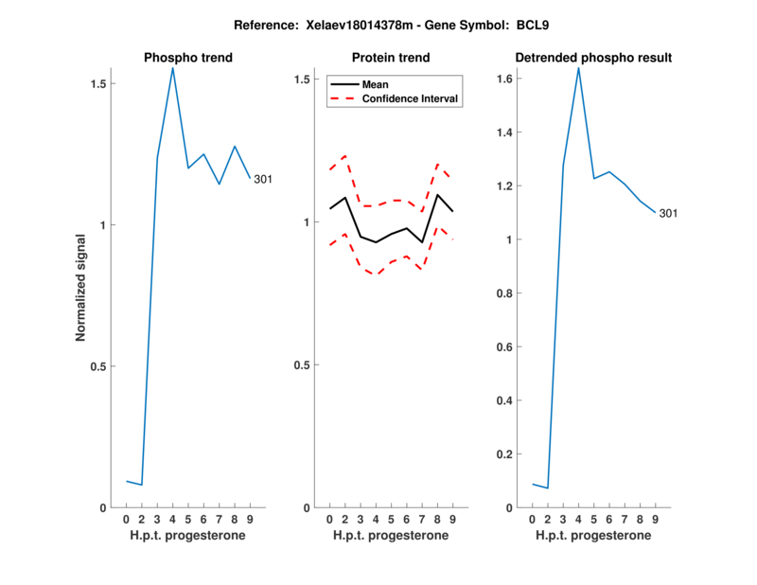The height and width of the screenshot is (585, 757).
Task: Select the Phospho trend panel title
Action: [x=187, y=58]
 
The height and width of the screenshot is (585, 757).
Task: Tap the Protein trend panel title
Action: [x=391, y=58]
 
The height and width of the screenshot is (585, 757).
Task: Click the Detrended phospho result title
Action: [x=593, y=58]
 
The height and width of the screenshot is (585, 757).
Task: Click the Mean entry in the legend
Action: [x=376, y=84]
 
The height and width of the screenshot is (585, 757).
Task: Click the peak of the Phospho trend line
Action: [x=172, y=67]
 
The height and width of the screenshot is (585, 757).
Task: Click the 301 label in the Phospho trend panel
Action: [x=263, y=179]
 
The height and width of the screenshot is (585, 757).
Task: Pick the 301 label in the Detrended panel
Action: [x=668, y=213]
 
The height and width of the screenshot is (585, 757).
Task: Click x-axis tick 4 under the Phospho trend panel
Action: [x=172, y=520]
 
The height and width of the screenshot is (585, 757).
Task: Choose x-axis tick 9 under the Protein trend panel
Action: [x=452, y=520]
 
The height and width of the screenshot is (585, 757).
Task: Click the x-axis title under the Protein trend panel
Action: [x=391, y=536]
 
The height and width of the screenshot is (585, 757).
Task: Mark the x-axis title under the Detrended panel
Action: [x=593, y=536]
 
